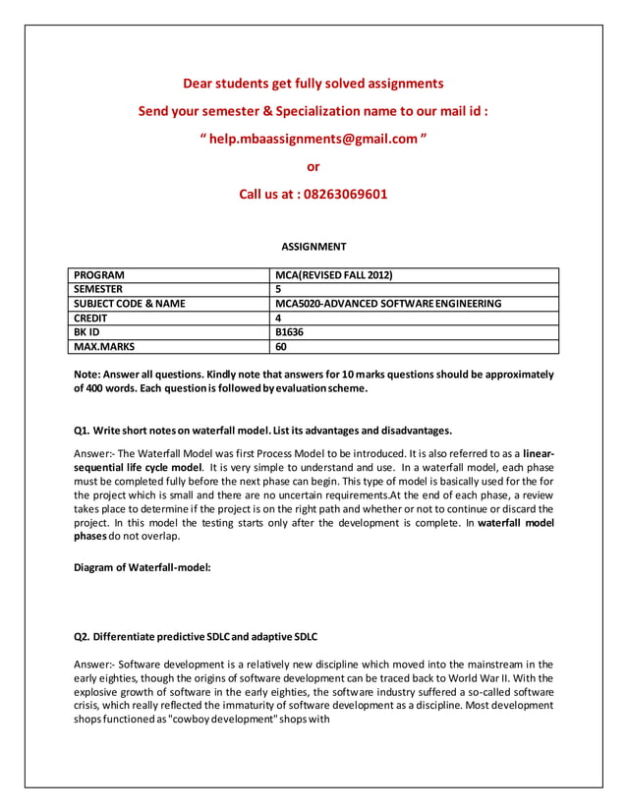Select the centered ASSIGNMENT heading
coord(313,246)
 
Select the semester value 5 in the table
coord(279,289)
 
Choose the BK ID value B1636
coord(290,332)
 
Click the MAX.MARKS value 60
coord(281,346)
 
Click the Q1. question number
coord(83,431)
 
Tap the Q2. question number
coord(83,637)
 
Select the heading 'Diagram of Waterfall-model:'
coord(142,568)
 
